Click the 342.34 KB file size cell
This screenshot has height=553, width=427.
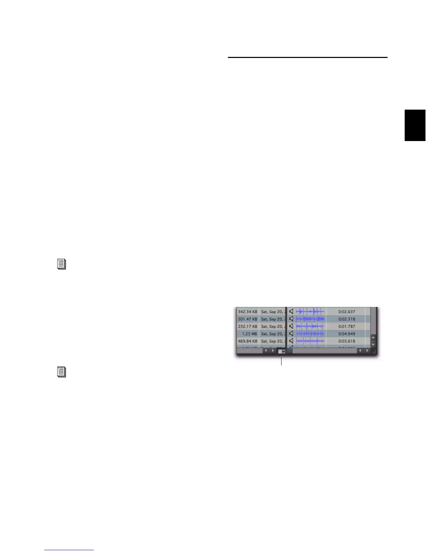(x=247, y=312)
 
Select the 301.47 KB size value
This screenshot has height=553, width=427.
(x=247, y=319)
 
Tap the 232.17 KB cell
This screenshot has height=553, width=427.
(x=247, y=326)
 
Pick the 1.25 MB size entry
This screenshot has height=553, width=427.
(x=249, y=334)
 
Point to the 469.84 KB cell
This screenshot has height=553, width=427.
(x=247, y=341)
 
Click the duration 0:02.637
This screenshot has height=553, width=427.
(x=346, y=312)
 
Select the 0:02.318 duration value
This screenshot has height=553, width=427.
(x=346, y=319)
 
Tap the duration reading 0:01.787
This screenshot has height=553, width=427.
(x=346, y=326)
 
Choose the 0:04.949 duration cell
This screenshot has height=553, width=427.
(x=346, y=334)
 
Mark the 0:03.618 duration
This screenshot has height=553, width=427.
(x=346, y=341)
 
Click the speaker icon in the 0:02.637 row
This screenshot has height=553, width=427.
(x=291, y=311)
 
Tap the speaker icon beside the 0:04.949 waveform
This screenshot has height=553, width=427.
(x=291, y=333)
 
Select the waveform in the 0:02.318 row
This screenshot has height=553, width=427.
(x=310, y=319)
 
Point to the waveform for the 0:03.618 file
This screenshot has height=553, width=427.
(x=310, y=341)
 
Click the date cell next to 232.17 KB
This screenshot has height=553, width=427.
(x=272, y=326)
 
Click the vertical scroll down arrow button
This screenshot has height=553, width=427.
(x=373, y=345)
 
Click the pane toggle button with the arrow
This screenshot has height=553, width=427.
(x=282, y=351)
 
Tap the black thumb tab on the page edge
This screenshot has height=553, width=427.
(x=415, y=125)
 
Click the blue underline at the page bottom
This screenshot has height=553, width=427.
(x=69, y=550)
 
